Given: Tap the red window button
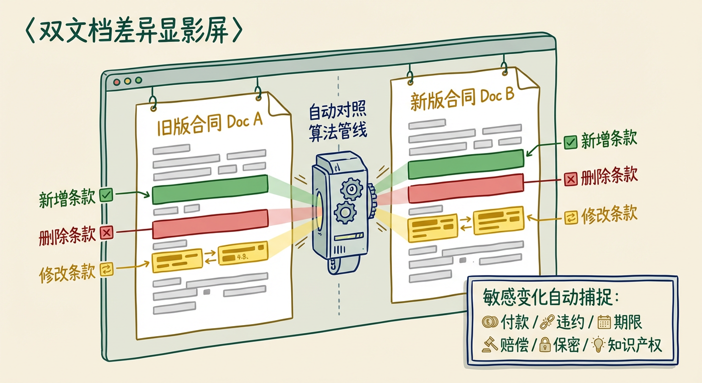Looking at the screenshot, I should [x=117, y=82].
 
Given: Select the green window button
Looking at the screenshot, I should [x=139, y=80].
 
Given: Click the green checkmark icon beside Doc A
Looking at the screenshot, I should [x=106, y=195].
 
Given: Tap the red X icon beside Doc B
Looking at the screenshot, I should [x=570, y=179].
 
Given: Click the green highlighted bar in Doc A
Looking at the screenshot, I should [x=210, y=189].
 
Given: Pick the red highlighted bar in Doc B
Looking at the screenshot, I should [x=466, y=188].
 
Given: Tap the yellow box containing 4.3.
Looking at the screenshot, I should [x=243, y=254].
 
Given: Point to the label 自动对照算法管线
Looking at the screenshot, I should [x=338, y=121].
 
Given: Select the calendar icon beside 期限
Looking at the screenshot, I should [x=604, y=322].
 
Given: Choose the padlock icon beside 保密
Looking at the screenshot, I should [x=544, y=345].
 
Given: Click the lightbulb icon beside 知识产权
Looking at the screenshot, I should [x=598, y=345].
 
